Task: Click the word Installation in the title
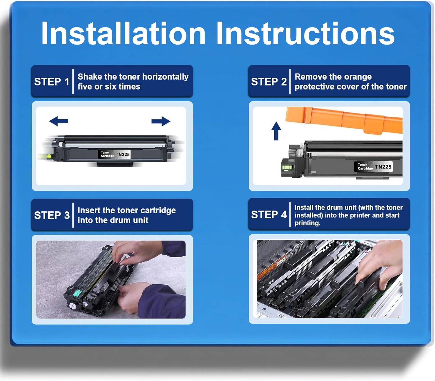click(x=123, y=33)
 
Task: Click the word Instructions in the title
click(x=305, y=33)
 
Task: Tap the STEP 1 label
click(x=52, y=82)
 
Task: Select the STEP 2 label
click(x=269, y=82)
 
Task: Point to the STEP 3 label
click(x=52, y=215)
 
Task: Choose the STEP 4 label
click(x=269, y=215)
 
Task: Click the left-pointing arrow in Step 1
click(x=58, y=121)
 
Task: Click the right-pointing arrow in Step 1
click(x=161, y=121)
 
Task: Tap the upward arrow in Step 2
click(x=276, y=131)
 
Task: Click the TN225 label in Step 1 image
click(x=123, y=154)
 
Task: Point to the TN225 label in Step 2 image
click(x=383, y=167)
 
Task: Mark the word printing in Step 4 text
click(x=307, y=223)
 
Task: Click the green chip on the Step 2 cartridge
click(x=287, y=167)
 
